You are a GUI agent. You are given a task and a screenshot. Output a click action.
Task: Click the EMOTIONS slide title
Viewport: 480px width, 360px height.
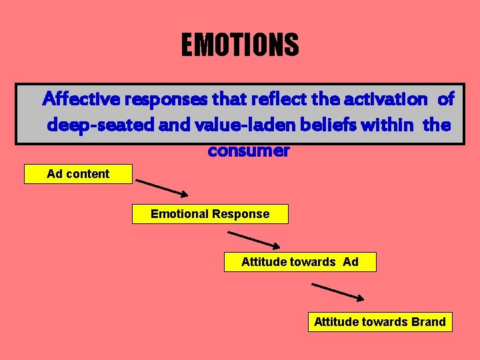240,45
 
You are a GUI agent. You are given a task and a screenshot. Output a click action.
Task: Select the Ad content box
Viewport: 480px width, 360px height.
78,174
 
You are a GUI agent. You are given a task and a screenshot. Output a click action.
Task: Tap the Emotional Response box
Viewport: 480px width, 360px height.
210,214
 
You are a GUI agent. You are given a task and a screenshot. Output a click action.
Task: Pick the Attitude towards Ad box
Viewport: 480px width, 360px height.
299,262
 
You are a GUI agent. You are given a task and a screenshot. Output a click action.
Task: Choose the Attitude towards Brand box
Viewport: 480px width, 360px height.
379,322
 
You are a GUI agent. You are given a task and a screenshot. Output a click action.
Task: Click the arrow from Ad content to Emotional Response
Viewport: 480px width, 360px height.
162,187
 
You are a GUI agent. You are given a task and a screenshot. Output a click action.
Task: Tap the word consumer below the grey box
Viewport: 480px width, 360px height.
249,151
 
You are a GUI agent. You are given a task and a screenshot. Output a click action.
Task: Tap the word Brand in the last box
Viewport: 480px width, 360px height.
429,322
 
